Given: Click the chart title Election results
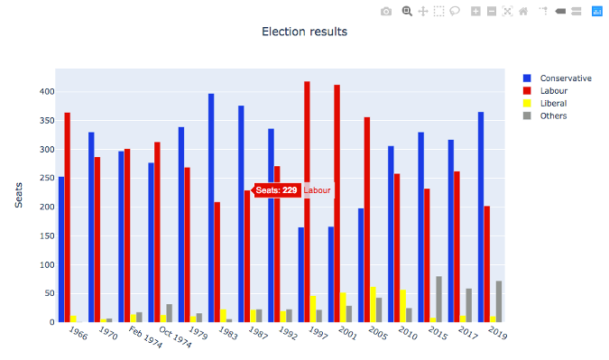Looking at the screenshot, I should tap(304, 32).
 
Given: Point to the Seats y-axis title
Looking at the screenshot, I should tap(19, 195).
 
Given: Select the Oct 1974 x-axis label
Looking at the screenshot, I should tap(175, 337).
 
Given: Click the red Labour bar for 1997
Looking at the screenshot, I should tap(307, 202).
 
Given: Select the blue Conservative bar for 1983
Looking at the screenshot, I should tap(211, 208).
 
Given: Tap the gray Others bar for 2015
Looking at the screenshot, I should tap(439, 300).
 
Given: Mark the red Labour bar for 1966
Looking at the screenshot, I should tap(67, 217).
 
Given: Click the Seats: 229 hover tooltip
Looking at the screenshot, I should tap(275, 190).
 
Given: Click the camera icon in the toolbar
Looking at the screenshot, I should tap(386, 11).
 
